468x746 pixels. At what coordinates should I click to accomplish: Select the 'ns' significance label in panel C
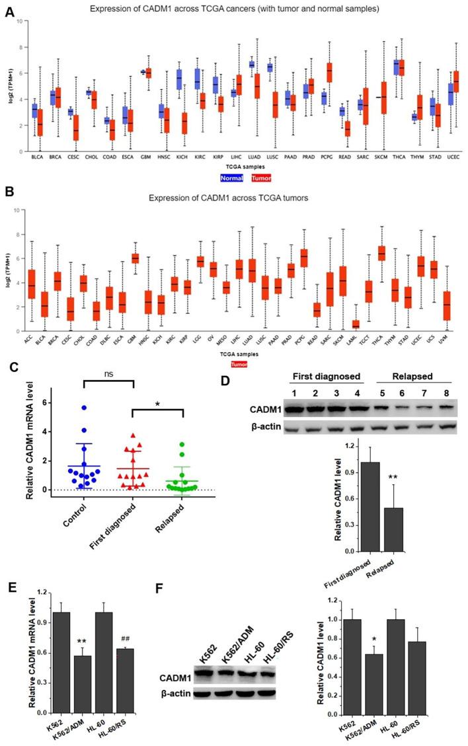pyautogui.click(x=108, y=373)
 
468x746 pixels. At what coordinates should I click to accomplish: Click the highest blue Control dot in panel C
pyautogui.click(x=83, y=408)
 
